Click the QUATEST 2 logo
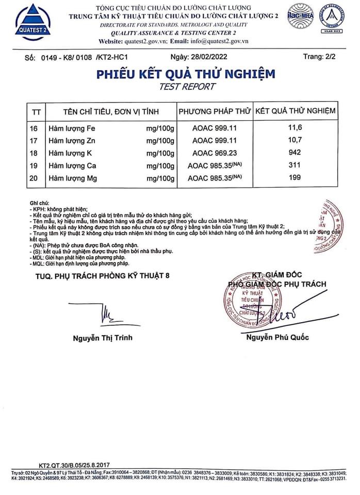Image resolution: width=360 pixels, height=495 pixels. (x=33, y=22)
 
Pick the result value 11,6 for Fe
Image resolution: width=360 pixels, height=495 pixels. (x=295, y=127)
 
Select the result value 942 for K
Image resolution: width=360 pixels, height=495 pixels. (x=295, y=153)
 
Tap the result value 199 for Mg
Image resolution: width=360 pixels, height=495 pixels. (x=295, y=178)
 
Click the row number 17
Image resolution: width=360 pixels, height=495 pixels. (x=34, y=140)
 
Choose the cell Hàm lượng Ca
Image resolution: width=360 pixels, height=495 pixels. (x=72, y=166)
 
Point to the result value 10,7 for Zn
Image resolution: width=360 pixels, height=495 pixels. (x=295, y=140)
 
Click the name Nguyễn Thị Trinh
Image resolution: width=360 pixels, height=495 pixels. (x=103, y=338)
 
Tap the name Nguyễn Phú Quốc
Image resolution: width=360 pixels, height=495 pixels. (x=277, y=337)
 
